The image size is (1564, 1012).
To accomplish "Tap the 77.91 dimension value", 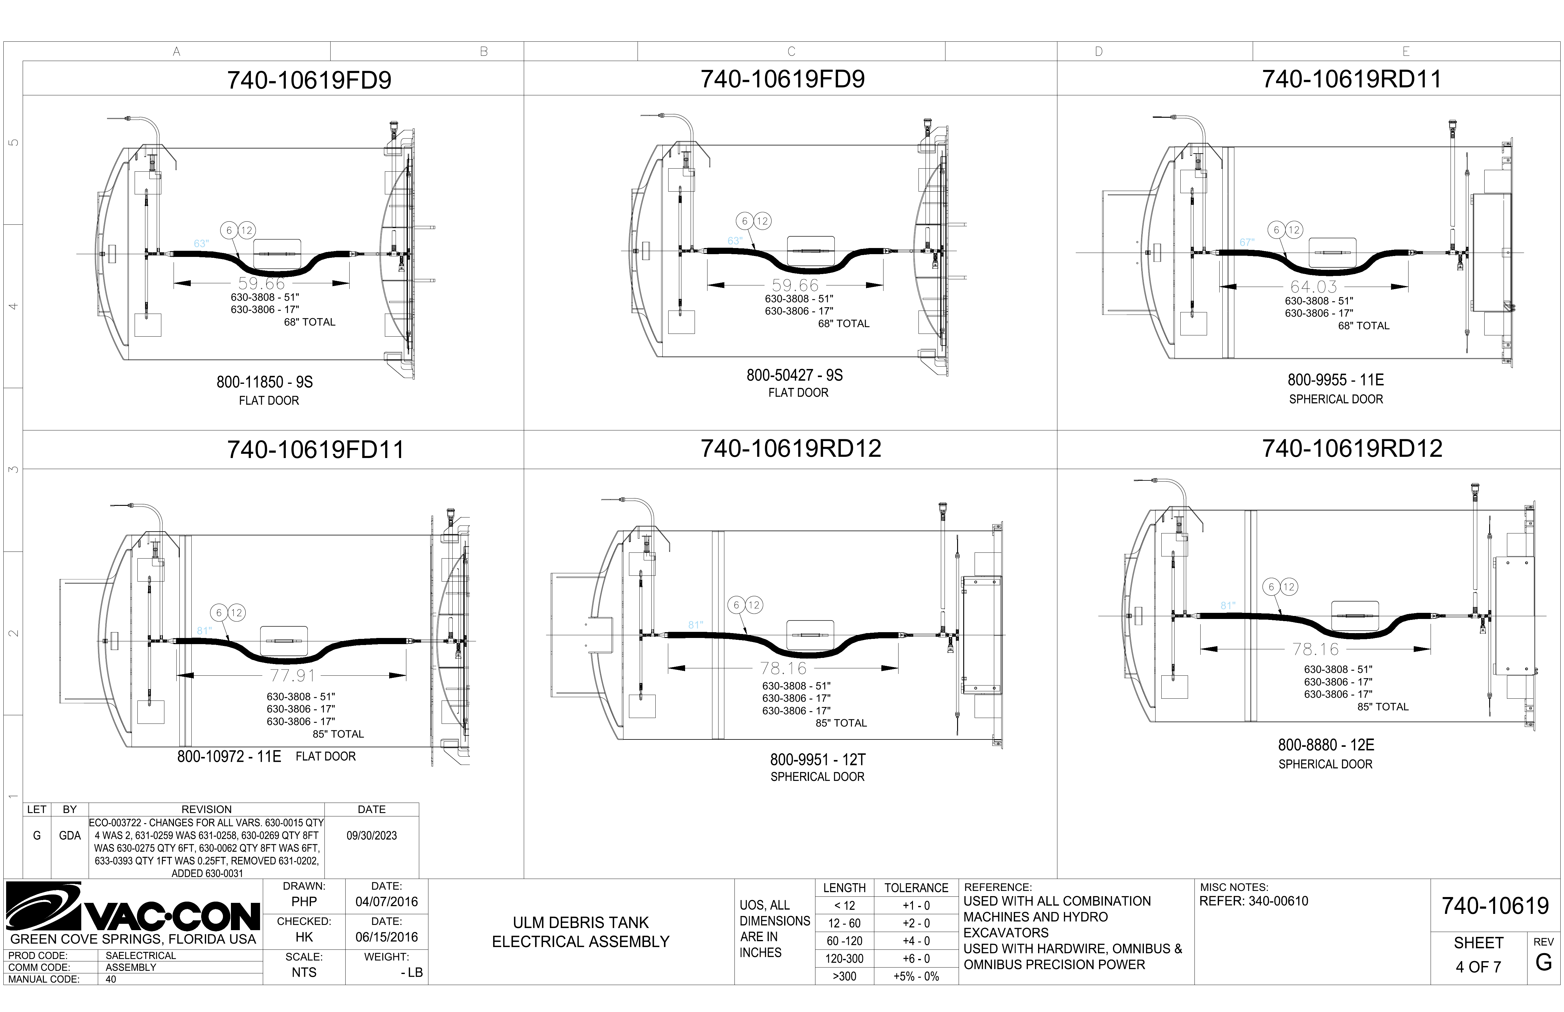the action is click(x=293, y=676).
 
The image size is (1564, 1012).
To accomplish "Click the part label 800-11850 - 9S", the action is click(x=265, y=382).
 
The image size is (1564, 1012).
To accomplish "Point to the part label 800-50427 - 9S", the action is click(x=795, y=375).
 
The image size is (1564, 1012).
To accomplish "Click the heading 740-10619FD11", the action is click(x=316, y=449).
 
